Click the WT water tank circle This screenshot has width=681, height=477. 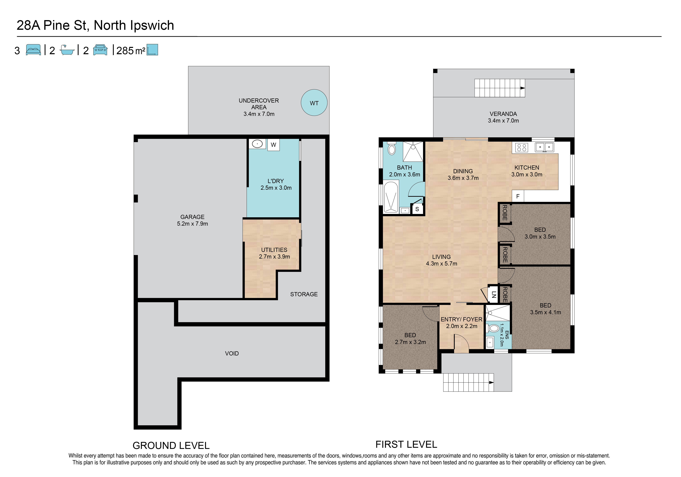click(x=314, y=103)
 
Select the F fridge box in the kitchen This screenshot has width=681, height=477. click(x=518, y=196)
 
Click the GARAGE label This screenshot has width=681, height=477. click(x=193, y=217)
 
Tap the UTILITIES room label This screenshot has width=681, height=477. click(x=274, y=250)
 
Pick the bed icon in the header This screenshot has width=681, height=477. click(x=33, y=50)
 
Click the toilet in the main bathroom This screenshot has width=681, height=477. click(x=392, y=148)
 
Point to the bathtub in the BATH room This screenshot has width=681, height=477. click(x=391, y=197)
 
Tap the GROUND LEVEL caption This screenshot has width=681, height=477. click(x=171, y=446)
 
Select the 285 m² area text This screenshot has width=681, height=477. click(x=131, y=51)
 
